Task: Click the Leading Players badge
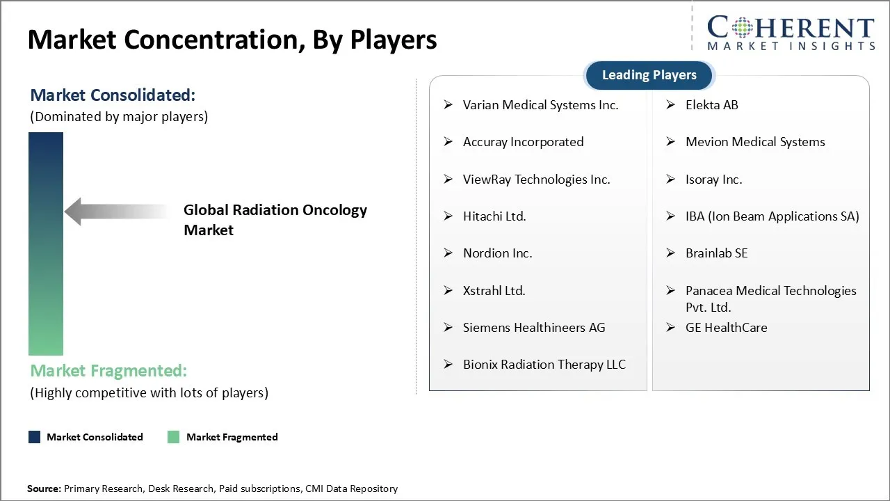click(x=649, y=75)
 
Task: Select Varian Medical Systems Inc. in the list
click(x=540, y=105)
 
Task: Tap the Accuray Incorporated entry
click(x=523, y=142)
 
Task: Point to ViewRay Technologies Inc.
click(x=536, y=180)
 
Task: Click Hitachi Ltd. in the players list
click(x=494, y=216)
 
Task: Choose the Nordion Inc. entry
click(x=497, y=253)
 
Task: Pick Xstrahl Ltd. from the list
click(x=494, y=291)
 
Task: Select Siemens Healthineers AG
click(x=534, y=328)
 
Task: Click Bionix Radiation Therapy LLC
click(x=544, y=365)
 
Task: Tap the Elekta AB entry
click(x=711, y=105)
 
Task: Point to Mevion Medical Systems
click(x=755, y=142)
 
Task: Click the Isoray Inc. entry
click(x=713, y=180)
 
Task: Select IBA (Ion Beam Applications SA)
click(x=772, y=216)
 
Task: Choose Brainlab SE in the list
click(x=716, y=253)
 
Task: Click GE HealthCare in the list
click(x=726, y=328)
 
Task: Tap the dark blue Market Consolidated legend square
click(x=34, y=437)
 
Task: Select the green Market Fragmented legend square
click(x=174, y=437)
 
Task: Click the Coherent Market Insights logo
click(x=790, y=33)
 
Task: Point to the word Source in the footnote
click(x=44, y=488)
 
